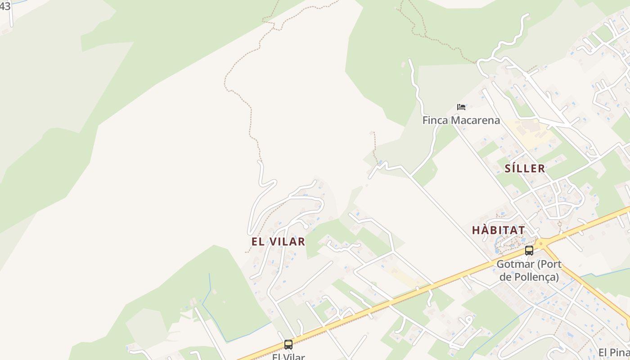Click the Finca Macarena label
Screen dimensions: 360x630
(461, 120)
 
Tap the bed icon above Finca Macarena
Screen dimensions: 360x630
(461, 107)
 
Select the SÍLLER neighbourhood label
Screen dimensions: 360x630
(525, 169)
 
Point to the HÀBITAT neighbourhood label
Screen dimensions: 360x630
(498, 230)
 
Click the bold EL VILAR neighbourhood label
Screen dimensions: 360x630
(278, 242)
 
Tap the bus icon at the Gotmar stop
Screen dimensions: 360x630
(529, 250)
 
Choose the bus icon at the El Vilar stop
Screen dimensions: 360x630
(288, 345)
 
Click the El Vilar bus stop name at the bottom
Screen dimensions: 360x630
(288, 357)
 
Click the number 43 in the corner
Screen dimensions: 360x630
(5, 6)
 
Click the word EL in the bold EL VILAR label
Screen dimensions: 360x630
(257, 242)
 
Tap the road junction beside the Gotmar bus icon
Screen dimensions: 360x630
(543, 243)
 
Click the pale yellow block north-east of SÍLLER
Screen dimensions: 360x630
(529, 130)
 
